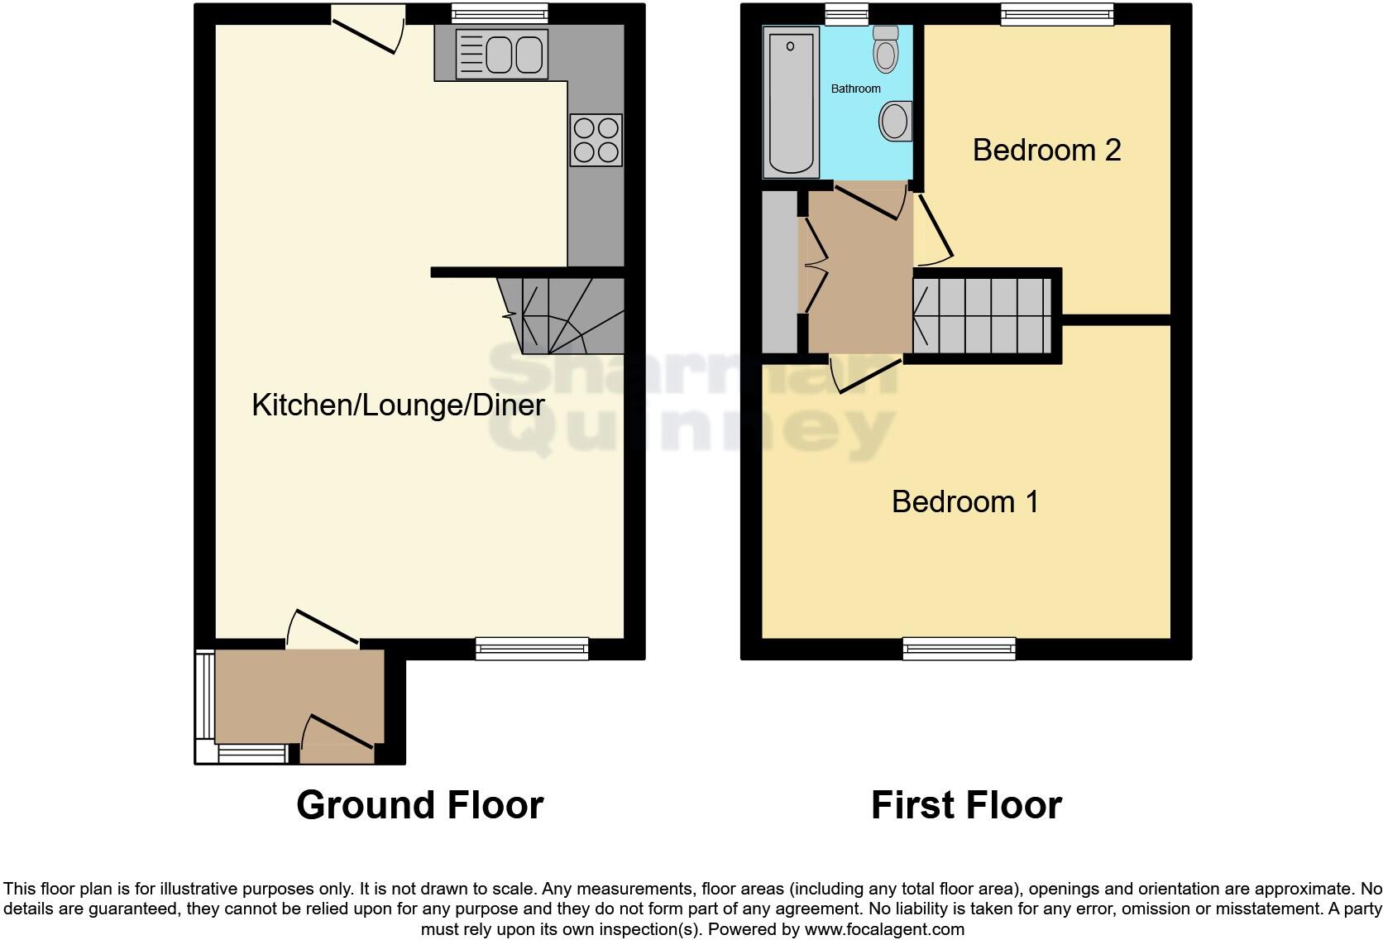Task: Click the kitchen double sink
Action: [x=501, y=55]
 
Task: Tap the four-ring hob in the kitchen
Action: [x=596, y=140]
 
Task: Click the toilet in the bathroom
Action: [x=886, y=49]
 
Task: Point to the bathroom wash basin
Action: [x=895, y=122]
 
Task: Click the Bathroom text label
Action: [x=855, y=89]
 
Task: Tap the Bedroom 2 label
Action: [x=1046, y=151]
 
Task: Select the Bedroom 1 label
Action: [x=964, y=502]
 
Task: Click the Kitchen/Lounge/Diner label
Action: [x=398, y=405]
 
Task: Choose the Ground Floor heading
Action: [x=419, y=805]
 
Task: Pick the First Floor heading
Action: [x=965, y=805]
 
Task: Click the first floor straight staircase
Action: [x=983, y=316]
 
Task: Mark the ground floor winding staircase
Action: [x=571, y=315]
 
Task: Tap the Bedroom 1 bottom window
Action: [x=959, y=649]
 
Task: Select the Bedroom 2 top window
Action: [x=1056, y=14]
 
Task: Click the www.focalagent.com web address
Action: [x=883, y=929]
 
